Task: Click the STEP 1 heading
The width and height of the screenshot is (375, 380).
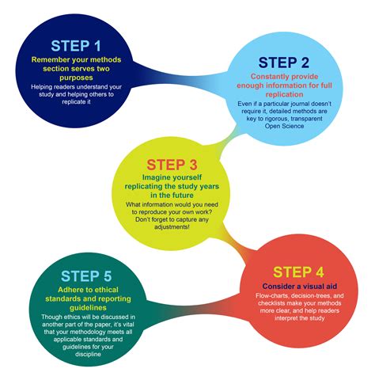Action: click(x=76, y=46)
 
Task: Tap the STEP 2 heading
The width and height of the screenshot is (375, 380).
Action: click(x=284, y=63)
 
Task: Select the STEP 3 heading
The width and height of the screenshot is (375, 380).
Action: click(x=172, y=165)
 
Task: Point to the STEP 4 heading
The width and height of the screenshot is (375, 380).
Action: click(x=298, y=272)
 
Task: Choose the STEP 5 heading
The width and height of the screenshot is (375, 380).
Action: click(x=86, y=276)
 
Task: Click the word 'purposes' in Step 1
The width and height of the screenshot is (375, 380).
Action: click(x=76, y=78)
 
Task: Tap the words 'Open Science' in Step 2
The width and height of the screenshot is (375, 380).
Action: click(x=284, y=126)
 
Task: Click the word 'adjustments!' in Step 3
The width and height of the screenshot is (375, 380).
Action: click(x=172, y=227)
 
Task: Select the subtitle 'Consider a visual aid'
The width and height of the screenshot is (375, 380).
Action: click(x=300, y=287)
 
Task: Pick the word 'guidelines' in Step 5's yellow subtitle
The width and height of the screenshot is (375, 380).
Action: click(x=88, y=308)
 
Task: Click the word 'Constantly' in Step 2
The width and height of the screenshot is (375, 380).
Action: click(x=267, y=77)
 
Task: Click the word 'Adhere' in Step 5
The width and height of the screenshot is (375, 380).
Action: click(x=69, y=290)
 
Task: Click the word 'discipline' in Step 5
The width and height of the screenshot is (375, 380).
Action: click(x=88, y=354)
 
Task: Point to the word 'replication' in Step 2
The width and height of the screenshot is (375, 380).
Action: click(x=284, y=94)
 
